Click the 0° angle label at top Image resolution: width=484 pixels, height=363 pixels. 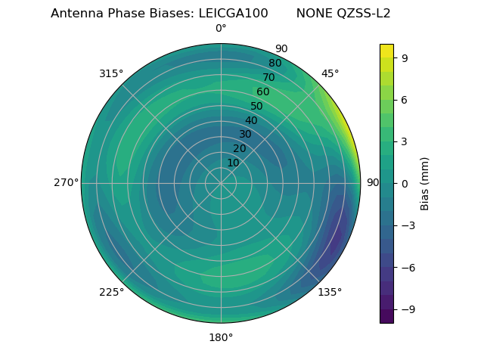pyautogui.click(x=221, y=29)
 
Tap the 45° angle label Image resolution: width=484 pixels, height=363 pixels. pyautogui.click(x=330, y=73)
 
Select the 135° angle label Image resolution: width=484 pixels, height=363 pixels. pyautogui.click(x=330, y=292)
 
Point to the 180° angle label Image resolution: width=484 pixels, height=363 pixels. pyautogui.click(x=221, y=337)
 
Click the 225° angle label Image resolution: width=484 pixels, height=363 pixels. pyautogui.click(x=111, y=292)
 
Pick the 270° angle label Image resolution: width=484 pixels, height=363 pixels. pyautogui.click(x=66, y=183)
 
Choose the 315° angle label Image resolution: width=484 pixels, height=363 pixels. pyautogui.click(x=111, y=73)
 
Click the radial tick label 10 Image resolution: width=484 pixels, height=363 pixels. pyautogui.click(x=233, y=163)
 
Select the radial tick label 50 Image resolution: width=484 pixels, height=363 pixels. pyautogui.click(x=256, y=106)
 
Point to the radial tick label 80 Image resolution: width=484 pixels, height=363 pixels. pyautogui.click(x=275, y=64)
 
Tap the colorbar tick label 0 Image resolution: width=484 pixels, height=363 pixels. pyautogui.click(x=405, y=183)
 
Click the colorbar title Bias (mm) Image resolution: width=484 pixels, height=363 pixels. pyautogui.click(x=425, y=183)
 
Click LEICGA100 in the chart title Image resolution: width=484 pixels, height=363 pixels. pyautogui.click(x=233, y=14)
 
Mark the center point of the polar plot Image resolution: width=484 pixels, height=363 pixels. pyautogui.click(x=221, y=183)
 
